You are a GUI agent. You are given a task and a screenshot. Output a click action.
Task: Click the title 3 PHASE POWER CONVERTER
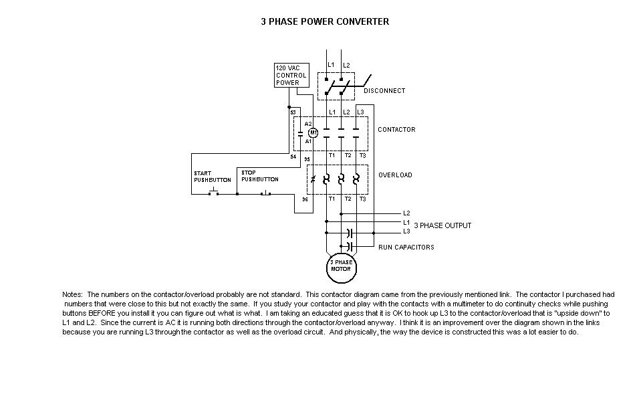[325, 21]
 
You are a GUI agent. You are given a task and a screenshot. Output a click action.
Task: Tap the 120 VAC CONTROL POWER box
[291, 75]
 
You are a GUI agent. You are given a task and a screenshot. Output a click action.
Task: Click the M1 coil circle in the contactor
[313, 132]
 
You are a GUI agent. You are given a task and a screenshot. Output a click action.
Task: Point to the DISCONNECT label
[384, 91]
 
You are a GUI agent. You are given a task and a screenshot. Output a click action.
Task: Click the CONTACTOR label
[396, 130]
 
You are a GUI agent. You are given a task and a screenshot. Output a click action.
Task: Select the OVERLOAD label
[395, 175]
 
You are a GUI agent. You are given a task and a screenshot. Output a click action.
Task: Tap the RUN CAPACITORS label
[406, 248]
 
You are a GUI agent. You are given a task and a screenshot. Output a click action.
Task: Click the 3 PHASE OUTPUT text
[442, 225]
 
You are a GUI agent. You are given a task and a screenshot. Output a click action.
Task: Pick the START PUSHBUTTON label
[213, 177]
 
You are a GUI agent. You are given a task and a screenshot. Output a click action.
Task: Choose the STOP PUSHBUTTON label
[260, 176]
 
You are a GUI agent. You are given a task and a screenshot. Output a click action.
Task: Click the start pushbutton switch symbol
[214, 192]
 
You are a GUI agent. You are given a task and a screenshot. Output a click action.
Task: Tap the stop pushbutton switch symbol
[265, 192]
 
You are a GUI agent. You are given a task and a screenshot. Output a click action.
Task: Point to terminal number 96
[305, 199]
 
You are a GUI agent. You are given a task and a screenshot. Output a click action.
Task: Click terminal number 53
[293, 112]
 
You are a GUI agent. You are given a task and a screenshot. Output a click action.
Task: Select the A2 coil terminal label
[308, 124]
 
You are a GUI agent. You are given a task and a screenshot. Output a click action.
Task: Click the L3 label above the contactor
[360, 112]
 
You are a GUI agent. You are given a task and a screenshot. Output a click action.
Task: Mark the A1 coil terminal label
[308, 141]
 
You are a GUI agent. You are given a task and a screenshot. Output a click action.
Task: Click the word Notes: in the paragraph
[72, 294]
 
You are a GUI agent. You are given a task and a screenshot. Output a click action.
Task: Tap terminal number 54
[293, 157]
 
